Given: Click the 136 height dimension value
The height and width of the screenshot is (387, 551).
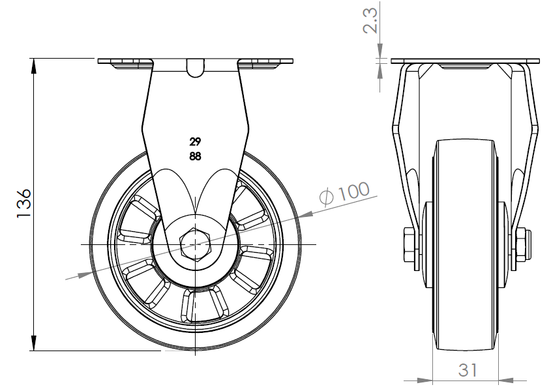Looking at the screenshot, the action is tap(24, 204).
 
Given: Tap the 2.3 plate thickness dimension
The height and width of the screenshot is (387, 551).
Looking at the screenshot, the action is tap(370, 21).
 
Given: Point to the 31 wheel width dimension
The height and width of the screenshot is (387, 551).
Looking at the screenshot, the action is tap(468, 370).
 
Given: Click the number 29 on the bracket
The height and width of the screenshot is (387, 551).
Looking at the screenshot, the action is tap(195, 142).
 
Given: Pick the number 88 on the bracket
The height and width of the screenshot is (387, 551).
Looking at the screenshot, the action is tap(195, 156).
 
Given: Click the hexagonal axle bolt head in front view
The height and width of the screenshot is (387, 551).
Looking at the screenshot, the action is tap(195, 244).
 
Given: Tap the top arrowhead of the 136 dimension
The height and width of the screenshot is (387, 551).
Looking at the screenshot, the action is tap(34, 66).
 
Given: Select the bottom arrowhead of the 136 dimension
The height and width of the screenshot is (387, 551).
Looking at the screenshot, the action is tap(34, 343).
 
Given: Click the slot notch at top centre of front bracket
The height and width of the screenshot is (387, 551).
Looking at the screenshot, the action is tap(195, 67).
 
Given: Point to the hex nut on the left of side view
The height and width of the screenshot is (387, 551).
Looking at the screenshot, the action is tap(410, 245).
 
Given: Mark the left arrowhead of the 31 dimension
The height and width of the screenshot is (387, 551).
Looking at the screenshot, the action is tap(424, 380).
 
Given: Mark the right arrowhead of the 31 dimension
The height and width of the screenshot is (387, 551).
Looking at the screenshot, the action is tap(507, 380).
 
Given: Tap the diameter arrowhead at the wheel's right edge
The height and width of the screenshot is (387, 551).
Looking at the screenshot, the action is tap(305, 214).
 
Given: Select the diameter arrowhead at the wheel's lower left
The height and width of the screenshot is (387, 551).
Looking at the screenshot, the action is tap(85, 274).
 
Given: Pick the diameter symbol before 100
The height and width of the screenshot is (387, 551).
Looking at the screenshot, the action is tap(327, 197).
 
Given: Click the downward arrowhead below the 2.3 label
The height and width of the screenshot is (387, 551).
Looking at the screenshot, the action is tap(380, 51).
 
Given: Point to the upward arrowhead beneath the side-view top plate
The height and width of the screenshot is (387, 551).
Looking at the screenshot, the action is tap(380, 71).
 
